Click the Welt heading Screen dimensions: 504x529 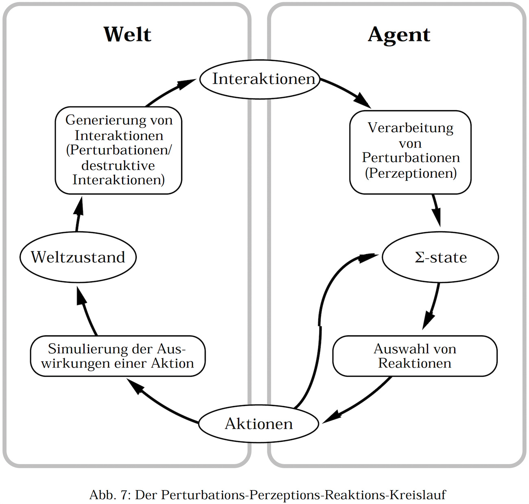pyautogui.click(x=127, y=34)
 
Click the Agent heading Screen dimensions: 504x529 pyautogui.click(x=399, y=35)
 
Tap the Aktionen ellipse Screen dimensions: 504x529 pyautogui.click(x=259, y=424)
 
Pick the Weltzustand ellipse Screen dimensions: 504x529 pyautogui.click(x=78, y=257)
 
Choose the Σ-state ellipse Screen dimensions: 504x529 pyautogui.click(x=441, y=257)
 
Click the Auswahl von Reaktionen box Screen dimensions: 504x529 pyautogui.click(x=415, y=356)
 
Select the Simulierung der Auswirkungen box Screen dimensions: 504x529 pyautogui.click(x=118, y=356)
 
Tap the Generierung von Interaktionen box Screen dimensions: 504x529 pyautogui.click(x=118, y=150)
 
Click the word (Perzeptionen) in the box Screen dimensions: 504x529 pyautogui.click(x=411, y=173)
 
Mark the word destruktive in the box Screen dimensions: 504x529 pyautogui.click(x=118, y=165)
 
